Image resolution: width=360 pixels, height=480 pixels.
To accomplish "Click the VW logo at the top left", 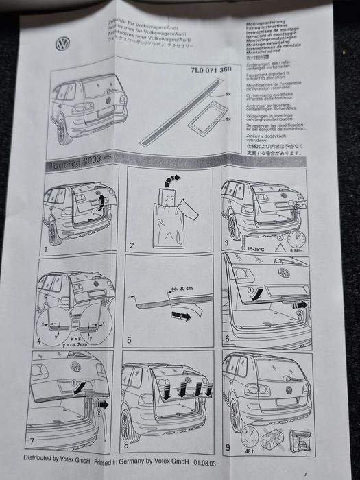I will tap(63, 45).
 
